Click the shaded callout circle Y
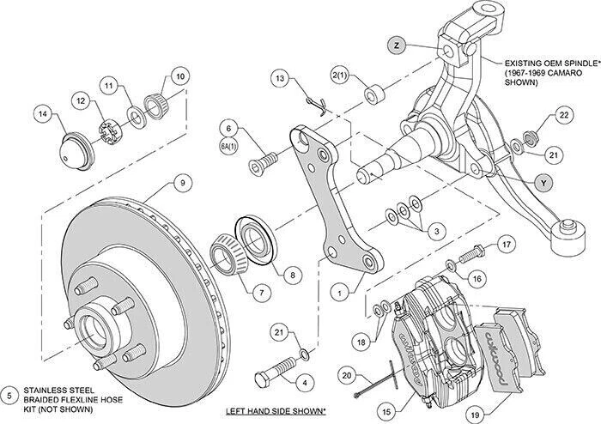pos(542,182)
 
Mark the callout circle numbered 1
pos(343,292)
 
